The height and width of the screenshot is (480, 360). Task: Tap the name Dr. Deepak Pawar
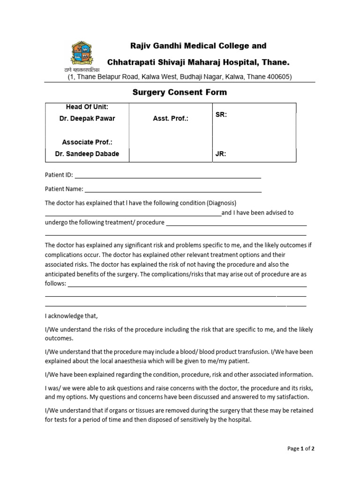click(87, 119)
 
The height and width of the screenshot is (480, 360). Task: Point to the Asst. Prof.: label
click(170, 119)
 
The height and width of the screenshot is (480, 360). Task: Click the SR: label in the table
click(221, 114)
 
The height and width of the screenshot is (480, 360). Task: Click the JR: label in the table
click(221, 154)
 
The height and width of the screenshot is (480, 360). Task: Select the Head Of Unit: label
click(87, 107)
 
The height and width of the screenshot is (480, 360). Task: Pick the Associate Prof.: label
click(87, 142)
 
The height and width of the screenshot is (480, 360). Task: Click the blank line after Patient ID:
click(168, 176)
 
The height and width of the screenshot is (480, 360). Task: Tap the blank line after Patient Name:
click(173, 190)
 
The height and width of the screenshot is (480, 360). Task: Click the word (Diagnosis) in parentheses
click(221, 203)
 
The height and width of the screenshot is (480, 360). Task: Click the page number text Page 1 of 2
click(300, 449)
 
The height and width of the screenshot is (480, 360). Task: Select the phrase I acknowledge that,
click(72, 316)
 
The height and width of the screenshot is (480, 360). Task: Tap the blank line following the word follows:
click(187, 285)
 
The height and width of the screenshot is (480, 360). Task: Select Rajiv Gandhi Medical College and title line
click(198, 46)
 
